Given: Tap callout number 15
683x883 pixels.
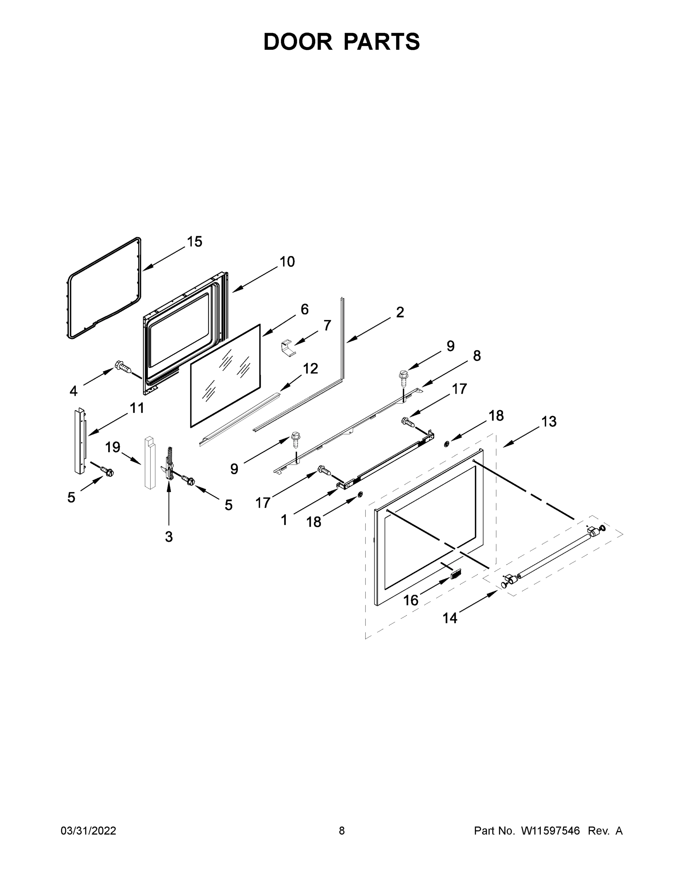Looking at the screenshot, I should (x=195, y=241).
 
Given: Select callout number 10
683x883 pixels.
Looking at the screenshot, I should (x=287, y=262).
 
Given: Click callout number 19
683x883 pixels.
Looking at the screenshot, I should (x=113, y=447).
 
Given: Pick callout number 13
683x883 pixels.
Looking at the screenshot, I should (x=549, y=422).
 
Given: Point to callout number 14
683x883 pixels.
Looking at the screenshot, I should (x=450, y=618).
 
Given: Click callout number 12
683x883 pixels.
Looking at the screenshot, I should (x=310, y=368).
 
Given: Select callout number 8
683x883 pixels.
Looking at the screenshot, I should (x=477, y=356).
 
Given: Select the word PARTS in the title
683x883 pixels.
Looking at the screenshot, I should (x=382, y=42).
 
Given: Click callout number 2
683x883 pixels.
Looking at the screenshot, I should (x=400, y=312).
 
